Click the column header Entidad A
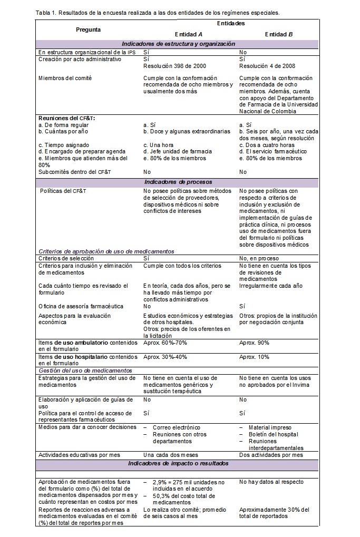(x=189, y=34)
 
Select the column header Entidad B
(x=279, y=34)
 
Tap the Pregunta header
(x=88, y=30)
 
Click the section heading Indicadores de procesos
(x=178, y=182)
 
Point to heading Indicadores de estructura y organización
(x=178, y=44)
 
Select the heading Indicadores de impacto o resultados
(x=178, y=463)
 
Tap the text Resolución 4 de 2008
(x=267, y=66)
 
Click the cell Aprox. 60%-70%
(x=164, y=343)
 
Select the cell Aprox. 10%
(x=254, y=357)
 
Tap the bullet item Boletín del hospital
(x=273, y=434)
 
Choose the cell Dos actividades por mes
(x=271, y=455)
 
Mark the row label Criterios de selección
(x=66, y=258)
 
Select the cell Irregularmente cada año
(x=271, y=286)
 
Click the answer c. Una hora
(x=160, y=145)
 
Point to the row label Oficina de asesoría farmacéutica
(x=73, y=306)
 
